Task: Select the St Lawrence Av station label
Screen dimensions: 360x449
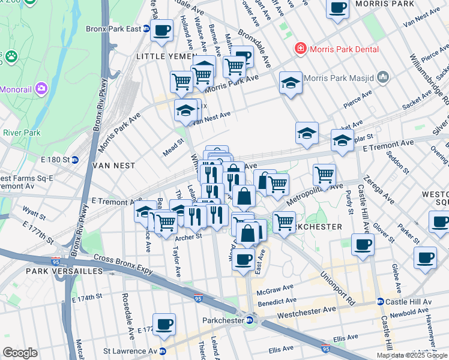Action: (x=130, y=351)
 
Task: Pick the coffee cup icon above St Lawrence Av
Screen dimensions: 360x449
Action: (x=164, y=324)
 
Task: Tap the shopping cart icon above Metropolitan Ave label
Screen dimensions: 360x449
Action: (x=324, y=175)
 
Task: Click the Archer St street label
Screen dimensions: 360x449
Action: (x=188, y=235)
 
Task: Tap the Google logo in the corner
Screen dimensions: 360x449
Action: (x=20, y=353)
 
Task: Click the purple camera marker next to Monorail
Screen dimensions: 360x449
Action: (x=41, y=88)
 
